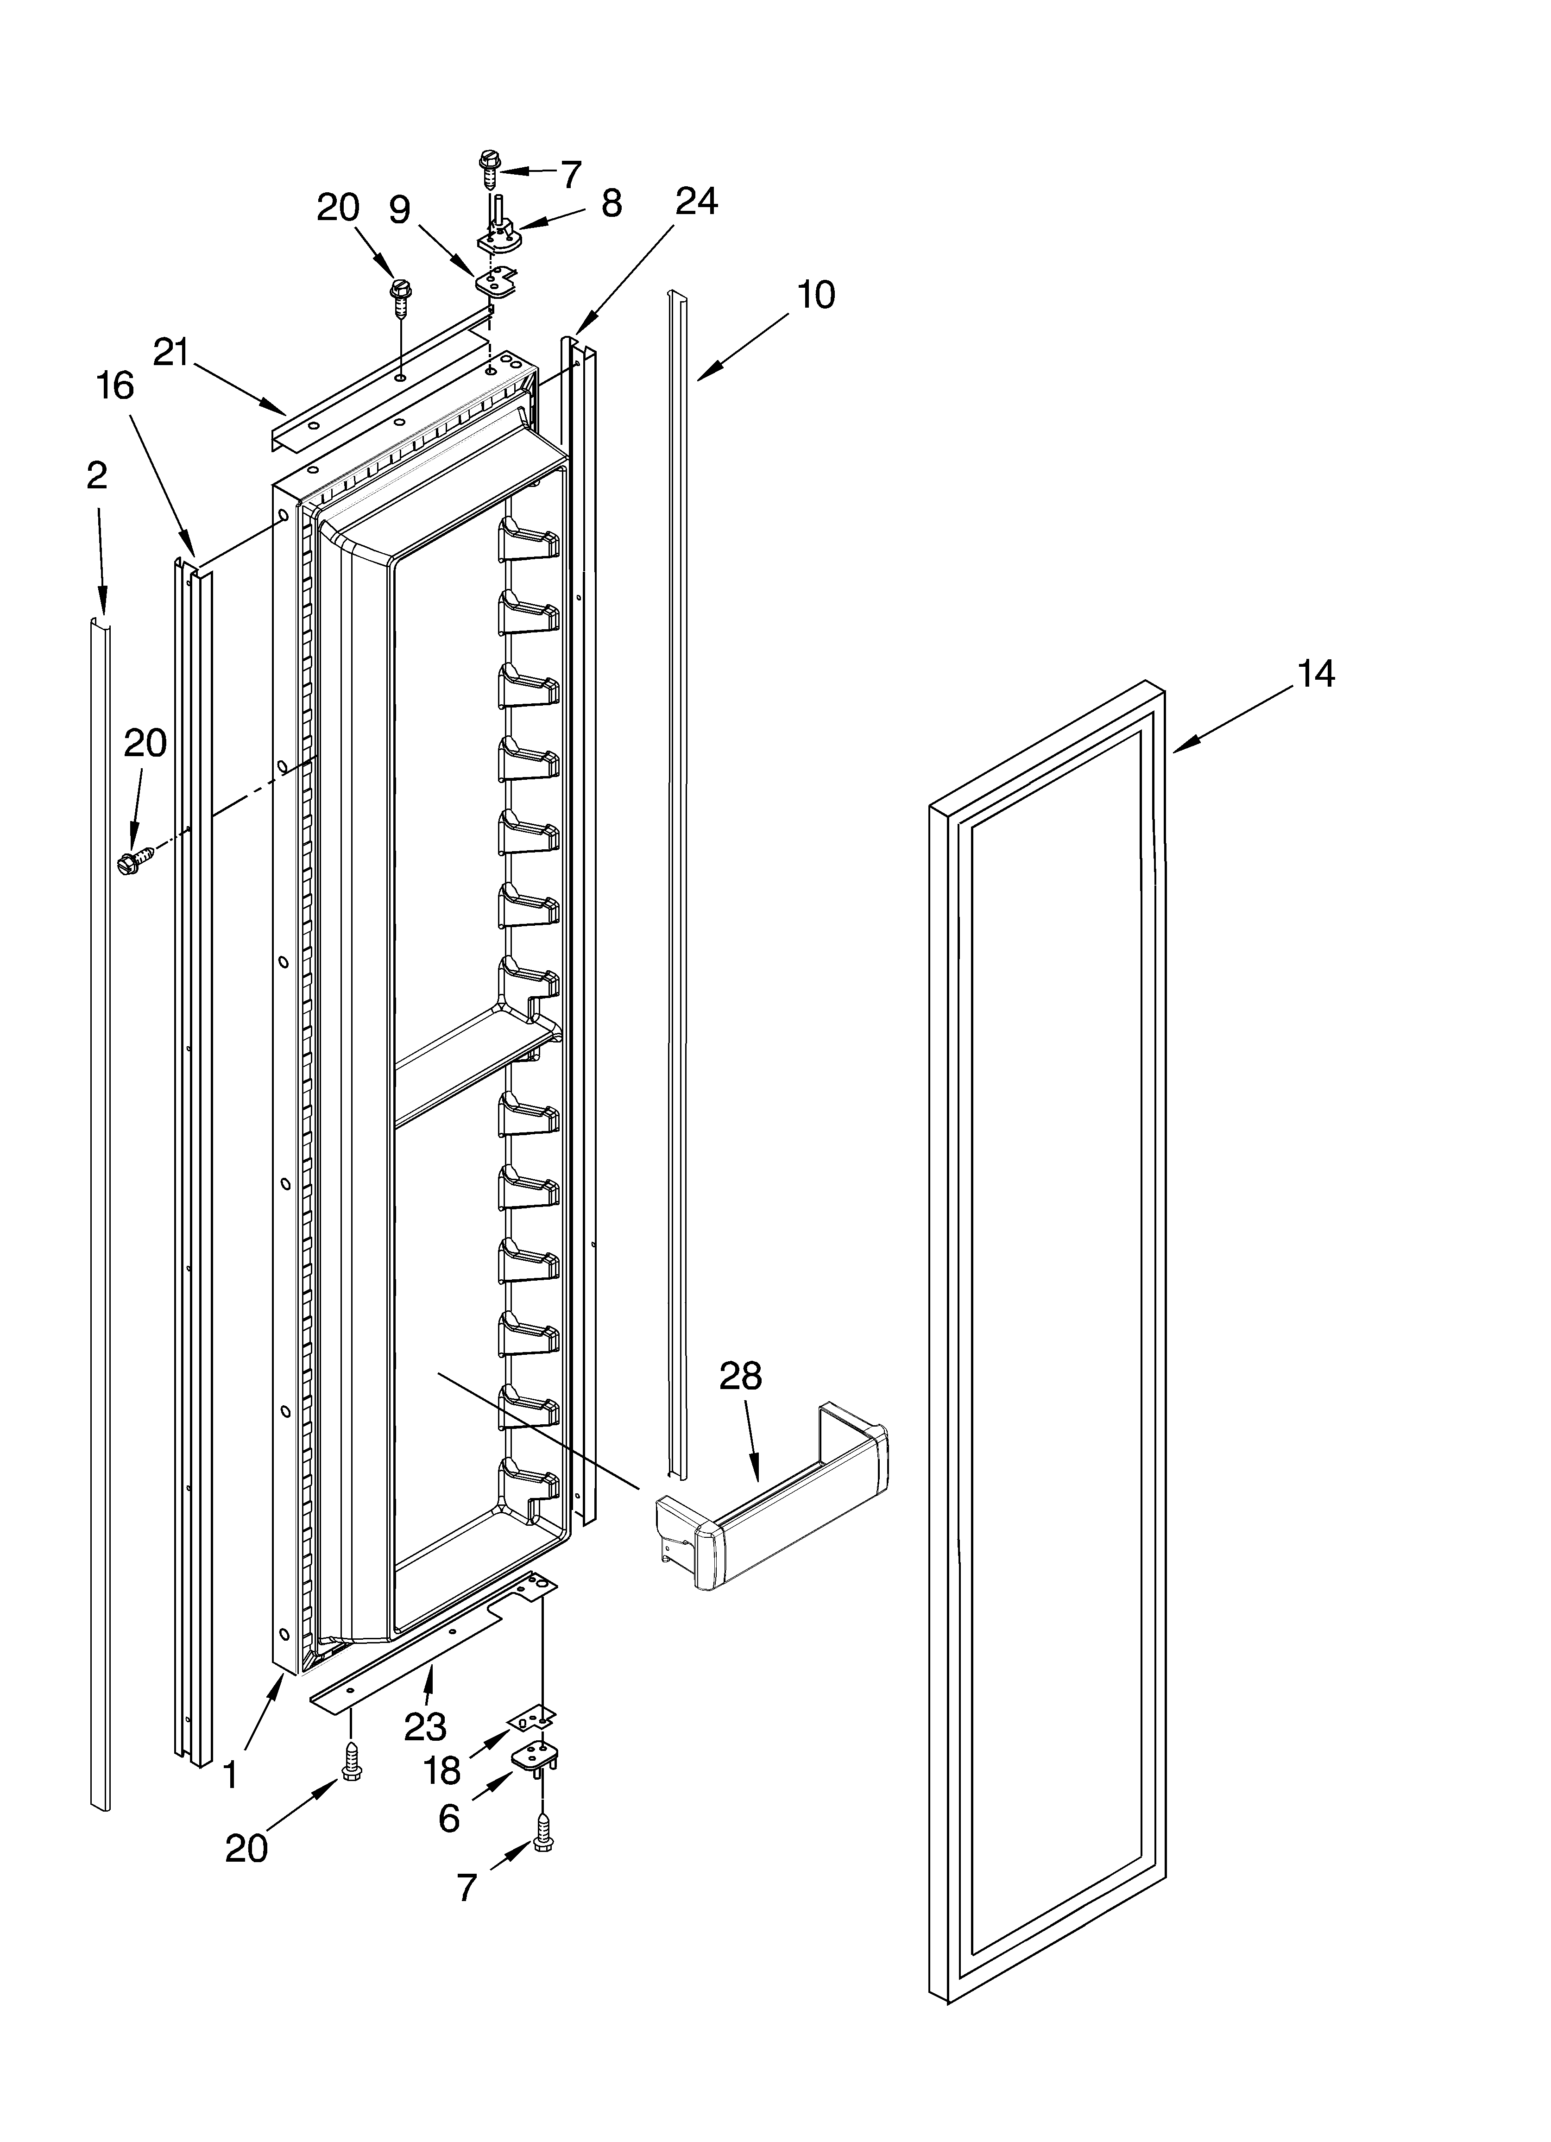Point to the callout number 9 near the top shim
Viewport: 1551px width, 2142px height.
399,210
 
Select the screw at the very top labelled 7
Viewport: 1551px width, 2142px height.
489,165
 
